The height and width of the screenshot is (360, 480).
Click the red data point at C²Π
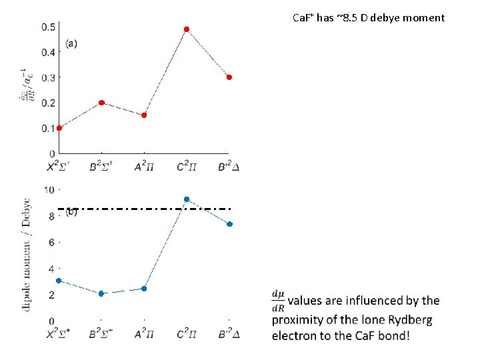(187, 29)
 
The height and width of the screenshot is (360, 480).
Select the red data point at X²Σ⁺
(59, 128)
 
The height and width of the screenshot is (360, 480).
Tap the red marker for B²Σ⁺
(101, 103)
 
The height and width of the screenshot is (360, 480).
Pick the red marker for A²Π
(144, 115)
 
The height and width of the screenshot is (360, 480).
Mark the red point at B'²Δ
(229, 77)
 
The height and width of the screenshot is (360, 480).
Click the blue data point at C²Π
(187, 199)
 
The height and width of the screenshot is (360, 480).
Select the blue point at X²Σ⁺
(59, 281)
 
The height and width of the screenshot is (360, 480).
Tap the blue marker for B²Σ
(101, 293)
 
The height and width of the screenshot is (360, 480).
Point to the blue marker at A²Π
(144, 289)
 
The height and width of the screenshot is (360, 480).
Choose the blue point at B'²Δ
(229, 224)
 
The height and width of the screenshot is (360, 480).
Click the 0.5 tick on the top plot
(49, 27)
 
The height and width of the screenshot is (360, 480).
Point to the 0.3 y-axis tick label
(49, 78)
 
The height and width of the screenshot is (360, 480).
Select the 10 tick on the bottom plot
(49, 190)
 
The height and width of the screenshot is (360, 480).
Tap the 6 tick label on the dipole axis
(51, 243)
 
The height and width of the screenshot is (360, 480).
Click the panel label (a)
(71, 44)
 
